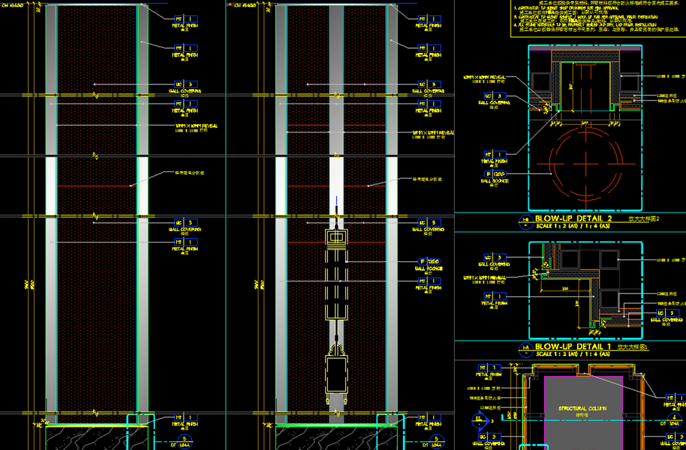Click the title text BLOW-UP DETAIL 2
573,218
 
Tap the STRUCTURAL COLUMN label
582,408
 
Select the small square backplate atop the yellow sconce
338,237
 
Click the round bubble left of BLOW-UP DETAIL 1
525,350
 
